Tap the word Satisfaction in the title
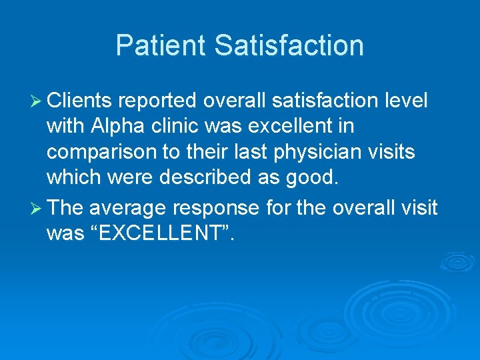(x=289, y=46)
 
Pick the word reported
(x=159, y=101)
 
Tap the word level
(x=406, y=101)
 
